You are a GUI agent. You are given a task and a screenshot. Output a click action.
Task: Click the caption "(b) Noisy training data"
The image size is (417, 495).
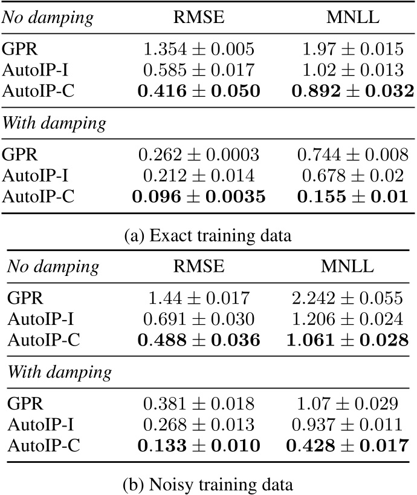pyautogui.click(x=208, y=484)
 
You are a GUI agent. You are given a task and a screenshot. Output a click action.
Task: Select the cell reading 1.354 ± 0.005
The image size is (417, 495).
pyautogui.click(x=199, y=50)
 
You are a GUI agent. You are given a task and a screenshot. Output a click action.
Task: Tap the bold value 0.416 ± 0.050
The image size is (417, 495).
pyautogui.click(x=199, y=92)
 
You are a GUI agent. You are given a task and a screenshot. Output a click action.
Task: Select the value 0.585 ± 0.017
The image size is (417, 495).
pyautogui.click(x=199, y=71)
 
